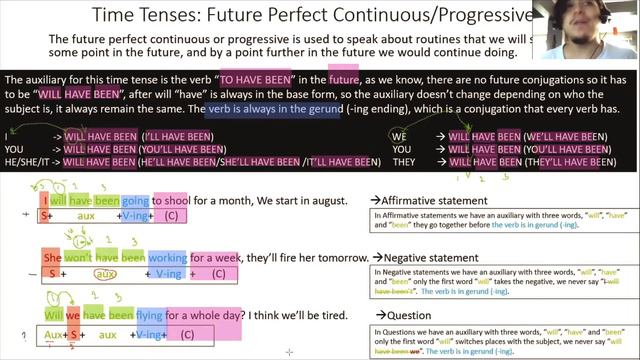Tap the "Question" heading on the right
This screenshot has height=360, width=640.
(406, 315)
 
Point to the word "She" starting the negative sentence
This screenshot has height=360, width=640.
(52, 256)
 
